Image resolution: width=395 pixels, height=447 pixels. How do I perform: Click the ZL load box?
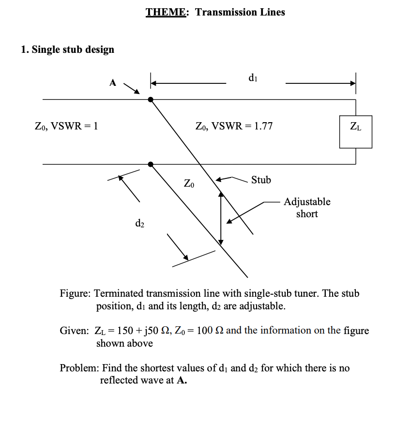pos(355,131)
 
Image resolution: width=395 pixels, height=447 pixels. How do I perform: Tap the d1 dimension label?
pos(252,77)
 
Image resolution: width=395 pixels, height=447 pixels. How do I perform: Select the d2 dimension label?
pos(139,223)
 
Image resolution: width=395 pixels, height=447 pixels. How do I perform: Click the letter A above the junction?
pos(113,83)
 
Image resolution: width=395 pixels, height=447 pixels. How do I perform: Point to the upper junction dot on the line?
pos(151,99)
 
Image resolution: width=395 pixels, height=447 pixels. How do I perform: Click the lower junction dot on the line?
pos(151,164)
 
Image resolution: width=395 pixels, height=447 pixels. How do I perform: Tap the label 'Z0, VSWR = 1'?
pos(67,127)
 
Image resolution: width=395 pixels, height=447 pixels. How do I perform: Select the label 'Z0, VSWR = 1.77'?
pos(234,127)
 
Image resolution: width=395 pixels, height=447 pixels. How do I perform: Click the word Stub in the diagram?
pos(261,180)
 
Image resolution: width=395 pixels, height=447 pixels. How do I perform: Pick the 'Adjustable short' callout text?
pos(307,208)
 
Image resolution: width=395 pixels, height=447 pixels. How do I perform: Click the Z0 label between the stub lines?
pos(190,184)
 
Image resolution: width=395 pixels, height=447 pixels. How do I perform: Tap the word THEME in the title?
pos(165,12)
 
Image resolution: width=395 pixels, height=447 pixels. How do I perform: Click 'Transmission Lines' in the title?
pos(240,12)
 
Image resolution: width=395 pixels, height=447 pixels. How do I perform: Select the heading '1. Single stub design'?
pos(68,49)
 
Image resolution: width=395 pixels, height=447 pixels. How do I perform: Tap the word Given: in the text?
pos(74,331)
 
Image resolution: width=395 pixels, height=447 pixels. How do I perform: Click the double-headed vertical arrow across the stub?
pos(221,217)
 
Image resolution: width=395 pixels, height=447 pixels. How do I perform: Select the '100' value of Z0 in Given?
pos(205,331)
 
